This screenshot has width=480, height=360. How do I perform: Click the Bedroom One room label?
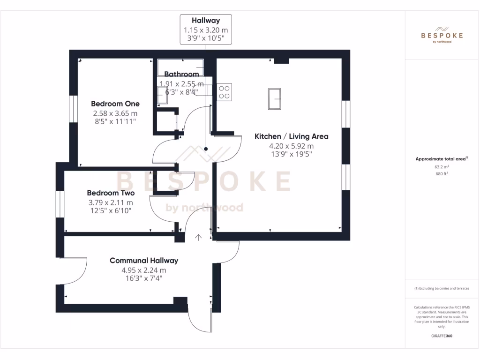pyautogui.click(x=115, y=104)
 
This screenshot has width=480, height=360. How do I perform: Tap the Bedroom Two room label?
pyautogui.click(x=111, y=193)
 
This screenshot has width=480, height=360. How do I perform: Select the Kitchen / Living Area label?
pyautogui.click(x=291, y=136)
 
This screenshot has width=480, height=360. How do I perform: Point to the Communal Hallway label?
pyautogui.click(x=143, y=261)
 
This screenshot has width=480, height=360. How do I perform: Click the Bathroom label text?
pyautogui.click(x=181, y=74)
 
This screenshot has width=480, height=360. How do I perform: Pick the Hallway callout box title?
pyautogui.click(x=205, y=20)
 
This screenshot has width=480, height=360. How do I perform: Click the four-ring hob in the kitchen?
pyautogui.click(x=224, y=91)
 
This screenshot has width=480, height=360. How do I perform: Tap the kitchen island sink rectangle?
pyautogui.click(x=274, y=99)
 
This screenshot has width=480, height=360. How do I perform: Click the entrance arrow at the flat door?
pyautogui.click(x=198, y=238)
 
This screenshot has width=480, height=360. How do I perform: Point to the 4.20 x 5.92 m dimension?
pyautogui.click(x=291, y=146)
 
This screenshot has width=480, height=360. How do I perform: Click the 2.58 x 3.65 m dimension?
pyautogui.click(x=115, y=113)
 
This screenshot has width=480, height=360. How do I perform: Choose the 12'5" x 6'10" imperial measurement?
pyautogui.click(x=111, y=211)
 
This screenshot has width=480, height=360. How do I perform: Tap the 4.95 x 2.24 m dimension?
pyautogui.click(x=143, y=270)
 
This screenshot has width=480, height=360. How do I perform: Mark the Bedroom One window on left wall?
pyautogui.click(x=73, y=109)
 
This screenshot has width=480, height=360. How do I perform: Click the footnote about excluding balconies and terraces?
pyautogui.click(x=441, y=288)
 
